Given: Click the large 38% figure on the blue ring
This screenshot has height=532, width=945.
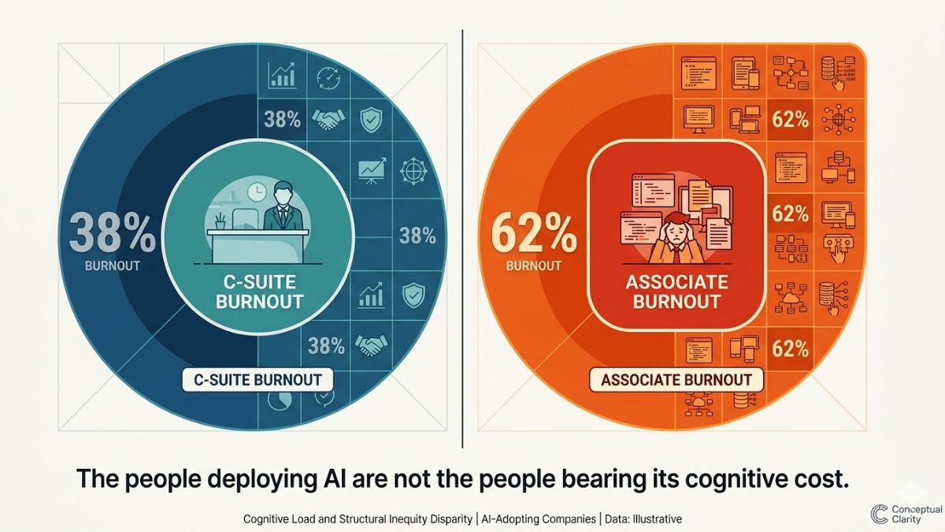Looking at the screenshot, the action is click(x=112, y=234).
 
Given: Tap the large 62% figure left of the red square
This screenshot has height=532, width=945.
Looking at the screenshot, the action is click(x=534, y=234).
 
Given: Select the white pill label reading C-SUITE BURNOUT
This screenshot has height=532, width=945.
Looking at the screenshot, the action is click(x=258, y=380).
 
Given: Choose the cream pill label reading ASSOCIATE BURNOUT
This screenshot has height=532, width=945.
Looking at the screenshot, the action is click(x=676, y=380).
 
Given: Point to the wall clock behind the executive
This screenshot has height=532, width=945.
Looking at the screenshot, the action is click(x=257, y=192).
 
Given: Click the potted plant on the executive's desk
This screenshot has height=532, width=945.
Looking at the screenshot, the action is click(x=220, y=221).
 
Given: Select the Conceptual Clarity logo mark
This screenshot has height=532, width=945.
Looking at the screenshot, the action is click(x=879, y=513).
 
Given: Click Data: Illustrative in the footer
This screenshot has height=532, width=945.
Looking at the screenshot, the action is click(x=643, y=519).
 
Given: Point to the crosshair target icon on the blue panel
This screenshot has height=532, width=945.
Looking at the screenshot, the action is click(x=413, y=172).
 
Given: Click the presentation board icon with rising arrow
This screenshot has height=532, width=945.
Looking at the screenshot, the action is click(x=372, y=170).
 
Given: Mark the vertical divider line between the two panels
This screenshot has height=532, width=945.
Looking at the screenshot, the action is click(x=462, y=239).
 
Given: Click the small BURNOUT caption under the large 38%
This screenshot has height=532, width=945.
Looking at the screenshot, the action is click(x=112, y=266).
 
